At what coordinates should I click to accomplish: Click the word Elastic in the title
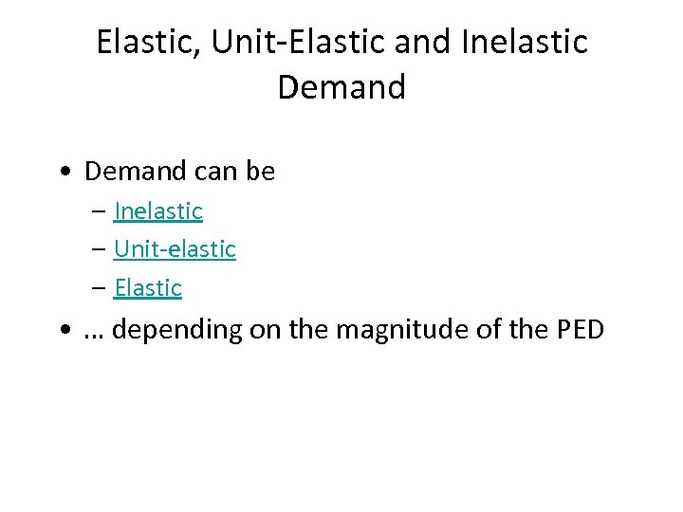(145, 42)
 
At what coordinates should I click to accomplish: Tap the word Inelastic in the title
(524, 42)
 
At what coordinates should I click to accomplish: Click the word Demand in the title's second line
(341, 87)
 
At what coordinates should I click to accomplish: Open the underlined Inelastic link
(158, 210)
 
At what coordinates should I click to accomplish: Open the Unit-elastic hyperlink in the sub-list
(175, 249)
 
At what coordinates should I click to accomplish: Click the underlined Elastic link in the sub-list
(148, 288)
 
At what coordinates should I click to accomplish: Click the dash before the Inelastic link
(100, 211)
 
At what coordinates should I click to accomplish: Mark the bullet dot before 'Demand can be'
(63, 173)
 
